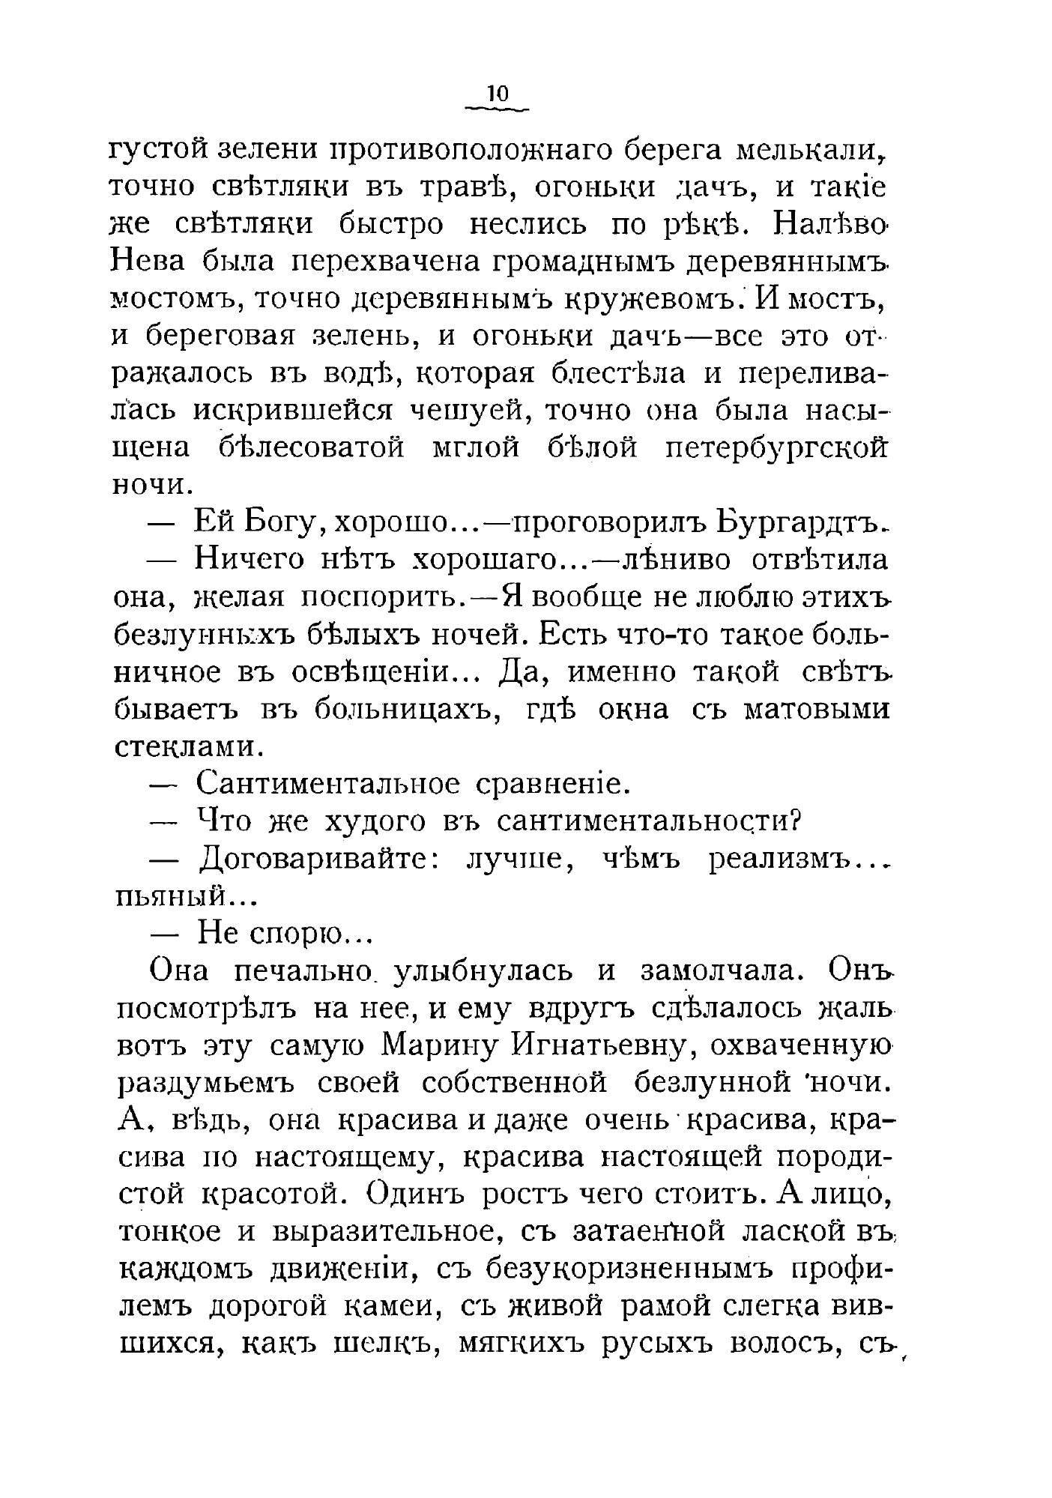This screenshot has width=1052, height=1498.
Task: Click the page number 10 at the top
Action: (x=498, y=94)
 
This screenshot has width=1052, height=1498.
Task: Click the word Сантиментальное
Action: (x=327, y=785)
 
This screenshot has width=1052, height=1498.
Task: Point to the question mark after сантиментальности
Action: (x=797, y=821)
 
